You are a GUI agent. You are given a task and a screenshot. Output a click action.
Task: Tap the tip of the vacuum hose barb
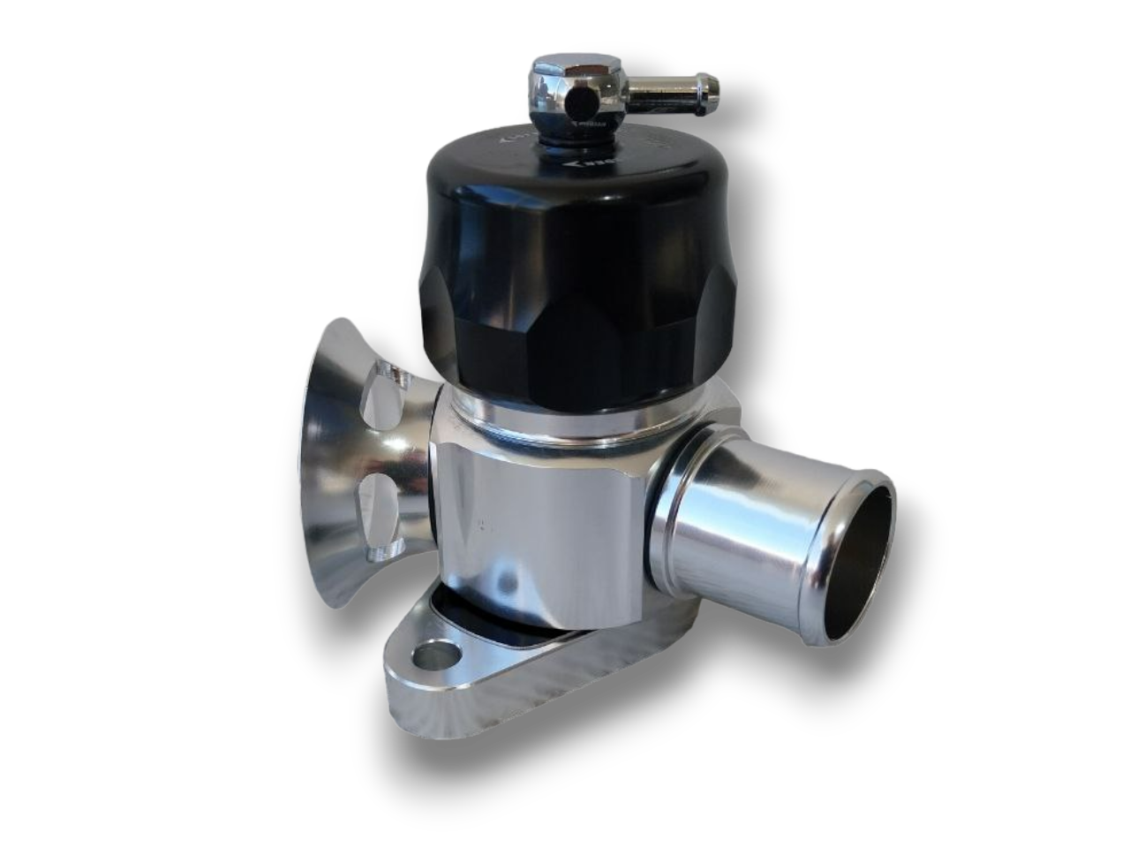point(712,87)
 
